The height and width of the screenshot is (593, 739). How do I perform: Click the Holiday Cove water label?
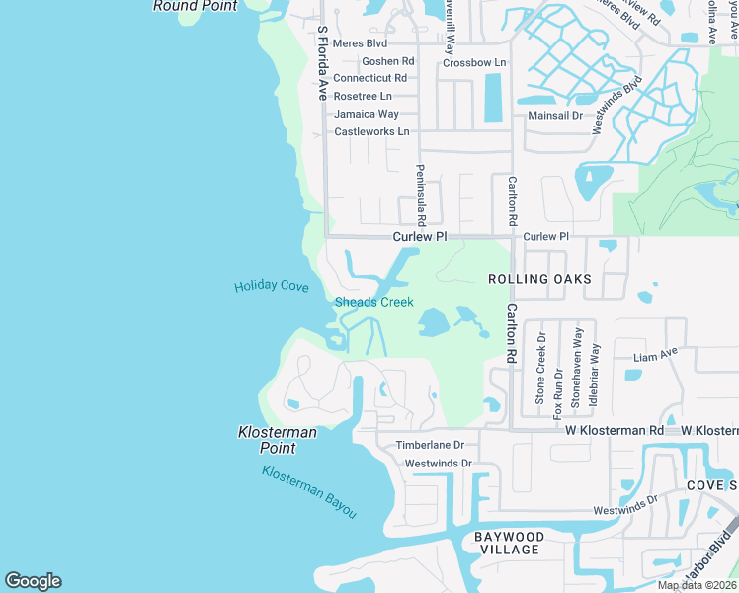272,287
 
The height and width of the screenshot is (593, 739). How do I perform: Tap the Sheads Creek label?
374,302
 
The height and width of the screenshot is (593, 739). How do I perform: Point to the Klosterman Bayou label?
308,491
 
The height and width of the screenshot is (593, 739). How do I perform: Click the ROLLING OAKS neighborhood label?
540,279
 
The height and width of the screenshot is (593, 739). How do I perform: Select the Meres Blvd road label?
360,43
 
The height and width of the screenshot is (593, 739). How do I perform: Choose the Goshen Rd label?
387,61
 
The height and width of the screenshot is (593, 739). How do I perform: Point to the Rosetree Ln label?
363,96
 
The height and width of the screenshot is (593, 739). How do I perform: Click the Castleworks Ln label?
371,131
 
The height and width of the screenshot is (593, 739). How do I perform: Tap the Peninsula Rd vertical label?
420,195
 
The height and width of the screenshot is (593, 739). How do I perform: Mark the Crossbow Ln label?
474,62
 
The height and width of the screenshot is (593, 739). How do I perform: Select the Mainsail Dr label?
554,115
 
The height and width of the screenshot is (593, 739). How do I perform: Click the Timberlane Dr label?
430,446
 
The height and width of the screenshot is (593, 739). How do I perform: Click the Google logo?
33,581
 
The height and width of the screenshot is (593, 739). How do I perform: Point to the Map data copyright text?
698,585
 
